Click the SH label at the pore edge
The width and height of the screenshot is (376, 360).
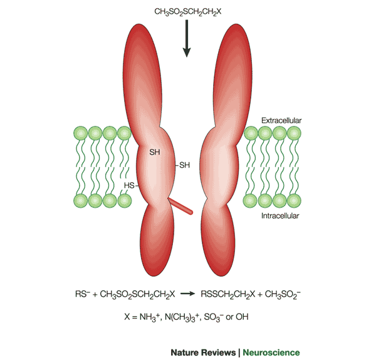coord(184,165)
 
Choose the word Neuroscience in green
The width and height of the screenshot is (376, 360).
coord(271,352)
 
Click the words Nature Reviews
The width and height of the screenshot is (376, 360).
coord(203,352)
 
